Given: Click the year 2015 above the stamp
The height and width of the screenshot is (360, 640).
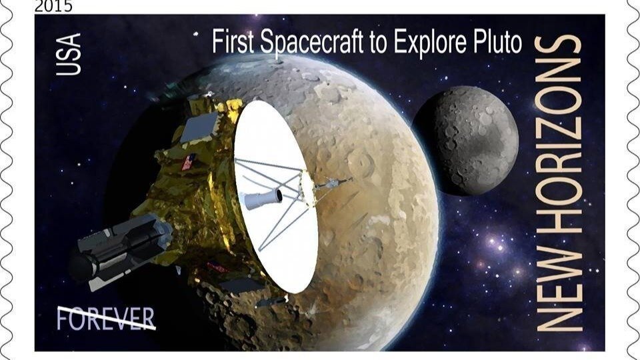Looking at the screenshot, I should [53, 7].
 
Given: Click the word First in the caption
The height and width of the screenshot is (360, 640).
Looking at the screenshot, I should [233, 43].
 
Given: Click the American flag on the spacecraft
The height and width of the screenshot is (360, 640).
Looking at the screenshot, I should [189, 161].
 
